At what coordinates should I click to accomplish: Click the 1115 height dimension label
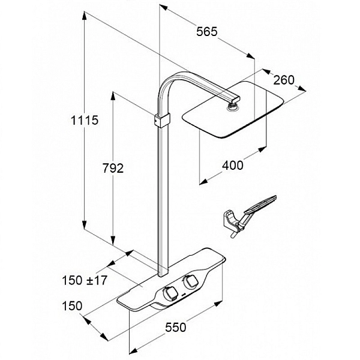pos(85,120)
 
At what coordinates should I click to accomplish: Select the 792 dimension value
pos(113,168)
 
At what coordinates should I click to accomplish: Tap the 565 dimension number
pos(206,31)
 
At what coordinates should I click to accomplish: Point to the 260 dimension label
pos(284,80)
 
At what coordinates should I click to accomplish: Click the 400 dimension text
pos(233,166)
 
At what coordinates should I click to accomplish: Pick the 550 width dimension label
pos(176,327)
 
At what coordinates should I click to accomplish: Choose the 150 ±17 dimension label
pos(85,280)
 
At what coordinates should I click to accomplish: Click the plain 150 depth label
pos(72,306)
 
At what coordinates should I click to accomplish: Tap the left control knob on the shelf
pos(170,293)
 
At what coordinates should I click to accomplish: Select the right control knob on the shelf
pos(190,282)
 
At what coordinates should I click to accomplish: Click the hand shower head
pos(260,204)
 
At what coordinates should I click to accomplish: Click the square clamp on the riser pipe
pos(163,120)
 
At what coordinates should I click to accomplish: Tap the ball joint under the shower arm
pos(233,107)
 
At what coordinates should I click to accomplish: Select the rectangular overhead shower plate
pos(233,110)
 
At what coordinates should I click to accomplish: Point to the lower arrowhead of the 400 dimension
pos(203,182)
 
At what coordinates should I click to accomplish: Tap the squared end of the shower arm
pos(236,100)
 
